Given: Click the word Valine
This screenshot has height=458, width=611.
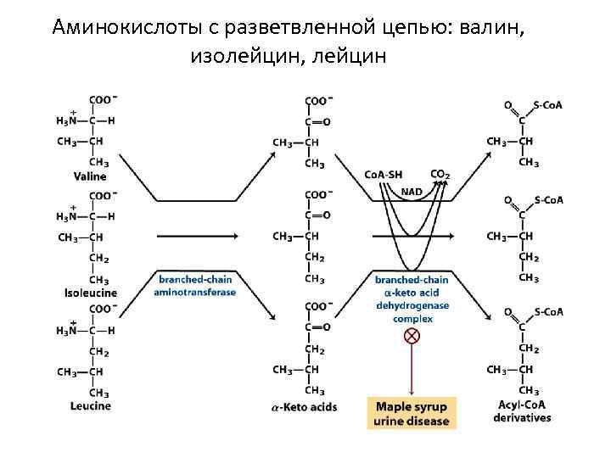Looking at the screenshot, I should [x=89, y=176].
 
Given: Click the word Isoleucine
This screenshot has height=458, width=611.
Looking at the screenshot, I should [x=91, y=293].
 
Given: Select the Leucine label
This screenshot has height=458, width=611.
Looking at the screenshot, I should [x=90, y=405].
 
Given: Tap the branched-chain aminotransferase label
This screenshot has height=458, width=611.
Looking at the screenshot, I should [x=195, y=286].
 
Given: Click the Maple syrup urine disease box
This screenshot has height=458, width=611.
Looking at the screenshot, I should [x=412, y=413].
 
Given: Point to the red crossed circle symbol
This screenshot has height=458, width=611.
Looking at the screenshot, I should [x=412, y=336].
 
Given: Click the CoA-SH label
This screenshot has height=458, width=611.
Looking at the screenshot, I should [x=384, y=175].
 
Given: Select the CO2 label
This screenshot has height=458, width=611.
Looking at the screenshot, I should [x=440, y=175].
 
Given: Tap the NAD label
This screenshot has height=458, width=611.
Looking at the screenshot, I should [x=412, y=192].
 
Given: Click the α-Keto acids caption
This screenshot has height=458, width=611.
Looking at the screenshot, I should [x=304, y=407].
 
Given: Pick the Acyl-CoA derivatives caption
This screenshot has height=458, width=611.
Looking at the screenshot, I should [x=523, y=411].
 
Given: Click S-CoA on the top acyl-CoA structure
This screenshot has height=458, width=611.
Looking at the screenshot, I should [x=548, y=105].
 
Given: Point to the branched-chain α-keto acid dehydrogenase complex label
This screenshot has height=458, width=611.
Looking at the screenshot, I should [x=412, y=299].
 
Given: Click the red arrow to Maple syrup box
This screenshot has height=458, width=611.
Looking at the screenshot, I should [x=412, y=369].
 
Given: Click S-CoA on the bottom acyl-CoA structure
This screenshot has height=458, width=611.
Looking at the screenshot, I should [x=548, y=311].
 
